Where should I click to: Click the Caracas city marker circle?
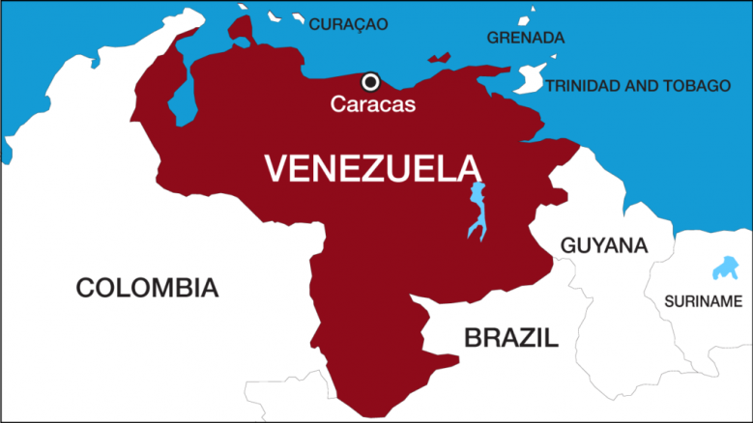click(x=370, y=81)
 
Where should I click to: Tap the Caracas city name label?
click(x=373, y=104)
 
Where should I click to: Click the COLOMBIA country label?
click(x=147, y=287)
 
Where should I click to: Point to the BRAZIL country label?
click(x=510, y=337)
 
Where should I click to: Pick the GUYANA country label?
click(x=603, y=245)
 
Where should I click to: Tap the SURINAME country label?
click(x=703, y=301)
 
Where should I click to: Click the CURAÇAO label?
click(x=348, y=24)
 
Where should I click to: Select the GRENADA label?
click(x=525, y=39)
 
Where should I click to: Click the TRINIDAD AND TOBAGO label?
click(x=638, y=86)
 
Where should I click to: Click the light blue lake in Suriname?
click(x=722, y=268)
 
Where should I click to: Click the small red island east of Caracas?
click(x=440, y=58)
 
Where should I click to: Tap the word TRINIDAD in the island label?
click(x=585, y=86)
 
